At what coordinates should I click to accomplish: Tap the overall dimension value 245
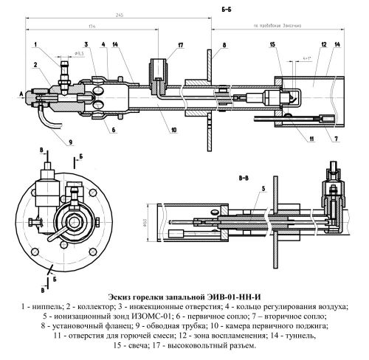[x=118, y=16]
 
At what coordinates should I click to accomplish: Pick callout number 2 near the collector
[x=35, y=64]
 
